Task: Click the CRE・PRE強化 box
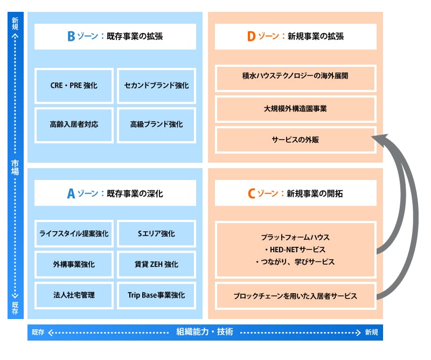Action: coord(74,86)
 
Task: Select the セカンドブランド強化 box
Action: coord(156,86)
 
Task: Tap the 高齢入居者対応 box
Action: coord(74,124)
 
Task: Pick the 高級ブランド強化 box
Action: coord(156,124)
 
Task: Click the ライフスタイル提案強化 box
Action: coord(74,234)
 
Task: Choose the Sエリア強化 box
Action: coord(156,234)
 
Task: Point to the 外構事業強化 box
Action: coord(74,265)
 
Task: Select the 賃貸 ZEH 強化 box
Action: coord(156,265)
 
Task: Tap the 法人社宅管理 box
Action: coord(74,295)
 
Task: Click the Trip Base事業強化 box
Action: coord(156,295)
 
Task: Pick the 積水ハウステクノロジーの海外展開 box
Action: coord(295,78)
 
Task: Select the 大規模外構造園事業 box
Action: coord(295,108)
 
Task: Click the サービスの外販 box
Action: coord(295,139)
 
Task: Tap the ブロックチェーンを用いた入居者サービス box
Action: coord(295,296)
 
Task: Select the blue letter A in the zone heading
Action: coord(71,194)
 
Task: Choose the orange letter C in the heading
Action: coord(251,194)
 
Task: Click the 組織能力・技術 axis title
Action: coord(205,332)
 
